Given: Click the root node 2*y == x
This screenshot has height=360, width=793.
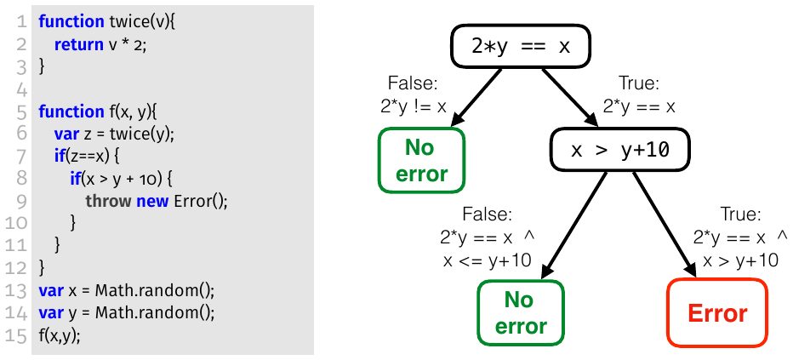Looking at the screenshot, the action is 521,47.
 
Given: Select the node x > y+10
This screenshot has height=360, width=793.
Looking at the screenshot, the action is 619,150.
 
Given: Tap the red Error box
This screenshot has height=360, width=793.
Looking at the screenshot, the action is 717,313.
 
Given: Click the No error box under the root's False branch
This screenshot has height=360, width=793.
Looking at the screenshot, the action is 421,160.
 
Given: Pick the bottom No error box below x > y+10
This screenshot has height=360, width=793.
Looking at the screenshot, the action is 521,312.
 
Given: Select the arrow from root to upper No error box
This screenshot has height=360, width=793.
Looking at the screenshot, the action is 476,96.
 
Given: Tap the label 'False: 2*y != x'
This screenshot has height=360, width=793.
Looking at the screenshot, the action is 414,94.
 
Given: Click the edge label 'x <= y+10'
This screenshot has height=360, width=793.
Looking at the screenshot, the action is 487,260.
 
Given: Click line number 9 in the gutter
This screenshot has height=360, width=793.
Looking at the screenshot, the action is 20,201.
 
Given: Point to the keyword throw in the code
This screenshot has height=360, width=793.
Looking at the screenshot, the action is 108,201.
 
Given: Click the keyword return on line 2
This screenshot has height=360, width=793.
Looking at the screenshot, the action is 78,44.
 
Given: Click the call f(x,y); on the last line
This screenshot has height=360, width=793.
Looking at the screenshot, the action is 60,337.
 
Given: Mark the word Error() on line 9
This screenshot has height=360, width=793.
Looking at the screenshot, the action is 201,201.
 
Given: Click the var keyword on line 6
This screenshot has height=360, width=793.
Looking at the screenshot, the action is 66,134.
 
